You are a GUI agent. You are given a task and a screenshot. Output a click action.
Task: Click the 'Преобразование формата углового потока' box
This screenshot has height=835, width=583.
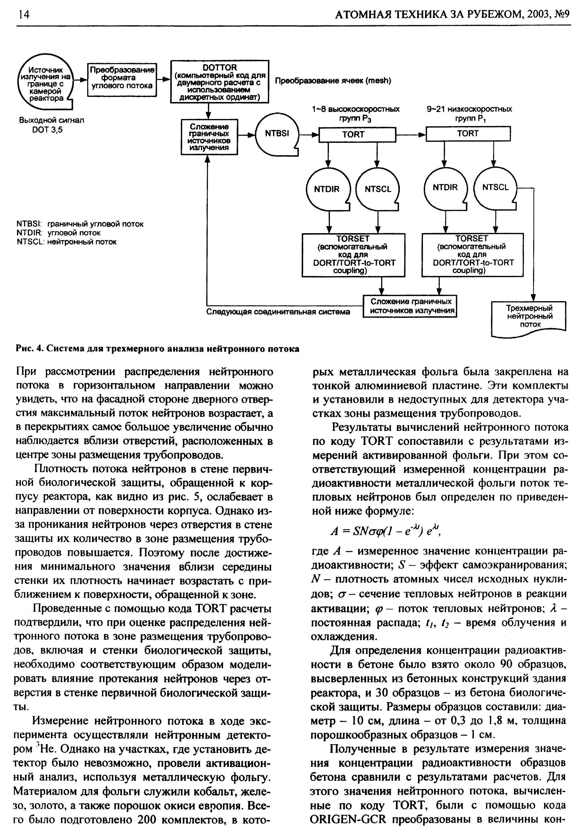(x=122, y=79)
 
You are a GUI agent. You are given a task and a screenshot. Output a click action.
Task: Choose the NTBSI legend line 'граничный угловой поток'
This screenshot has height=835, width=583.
(x=80, y=224)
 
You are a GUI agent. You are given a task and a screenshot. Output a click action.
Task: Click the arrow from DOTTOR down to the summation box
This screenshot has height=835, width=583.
(x=209, y=111)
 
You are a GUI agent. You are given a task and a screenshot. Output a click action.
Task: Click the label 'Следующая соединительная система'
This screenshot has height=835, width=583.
(x=278, y=312)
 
